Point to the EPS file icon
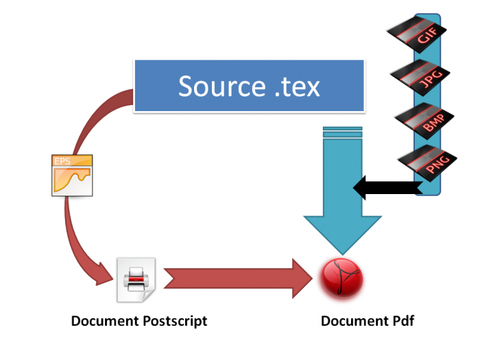click(x=71, y=176)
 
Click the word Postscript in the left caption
click(x=171, y=321)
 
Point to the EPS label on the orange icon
click(x=62, y=163)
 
